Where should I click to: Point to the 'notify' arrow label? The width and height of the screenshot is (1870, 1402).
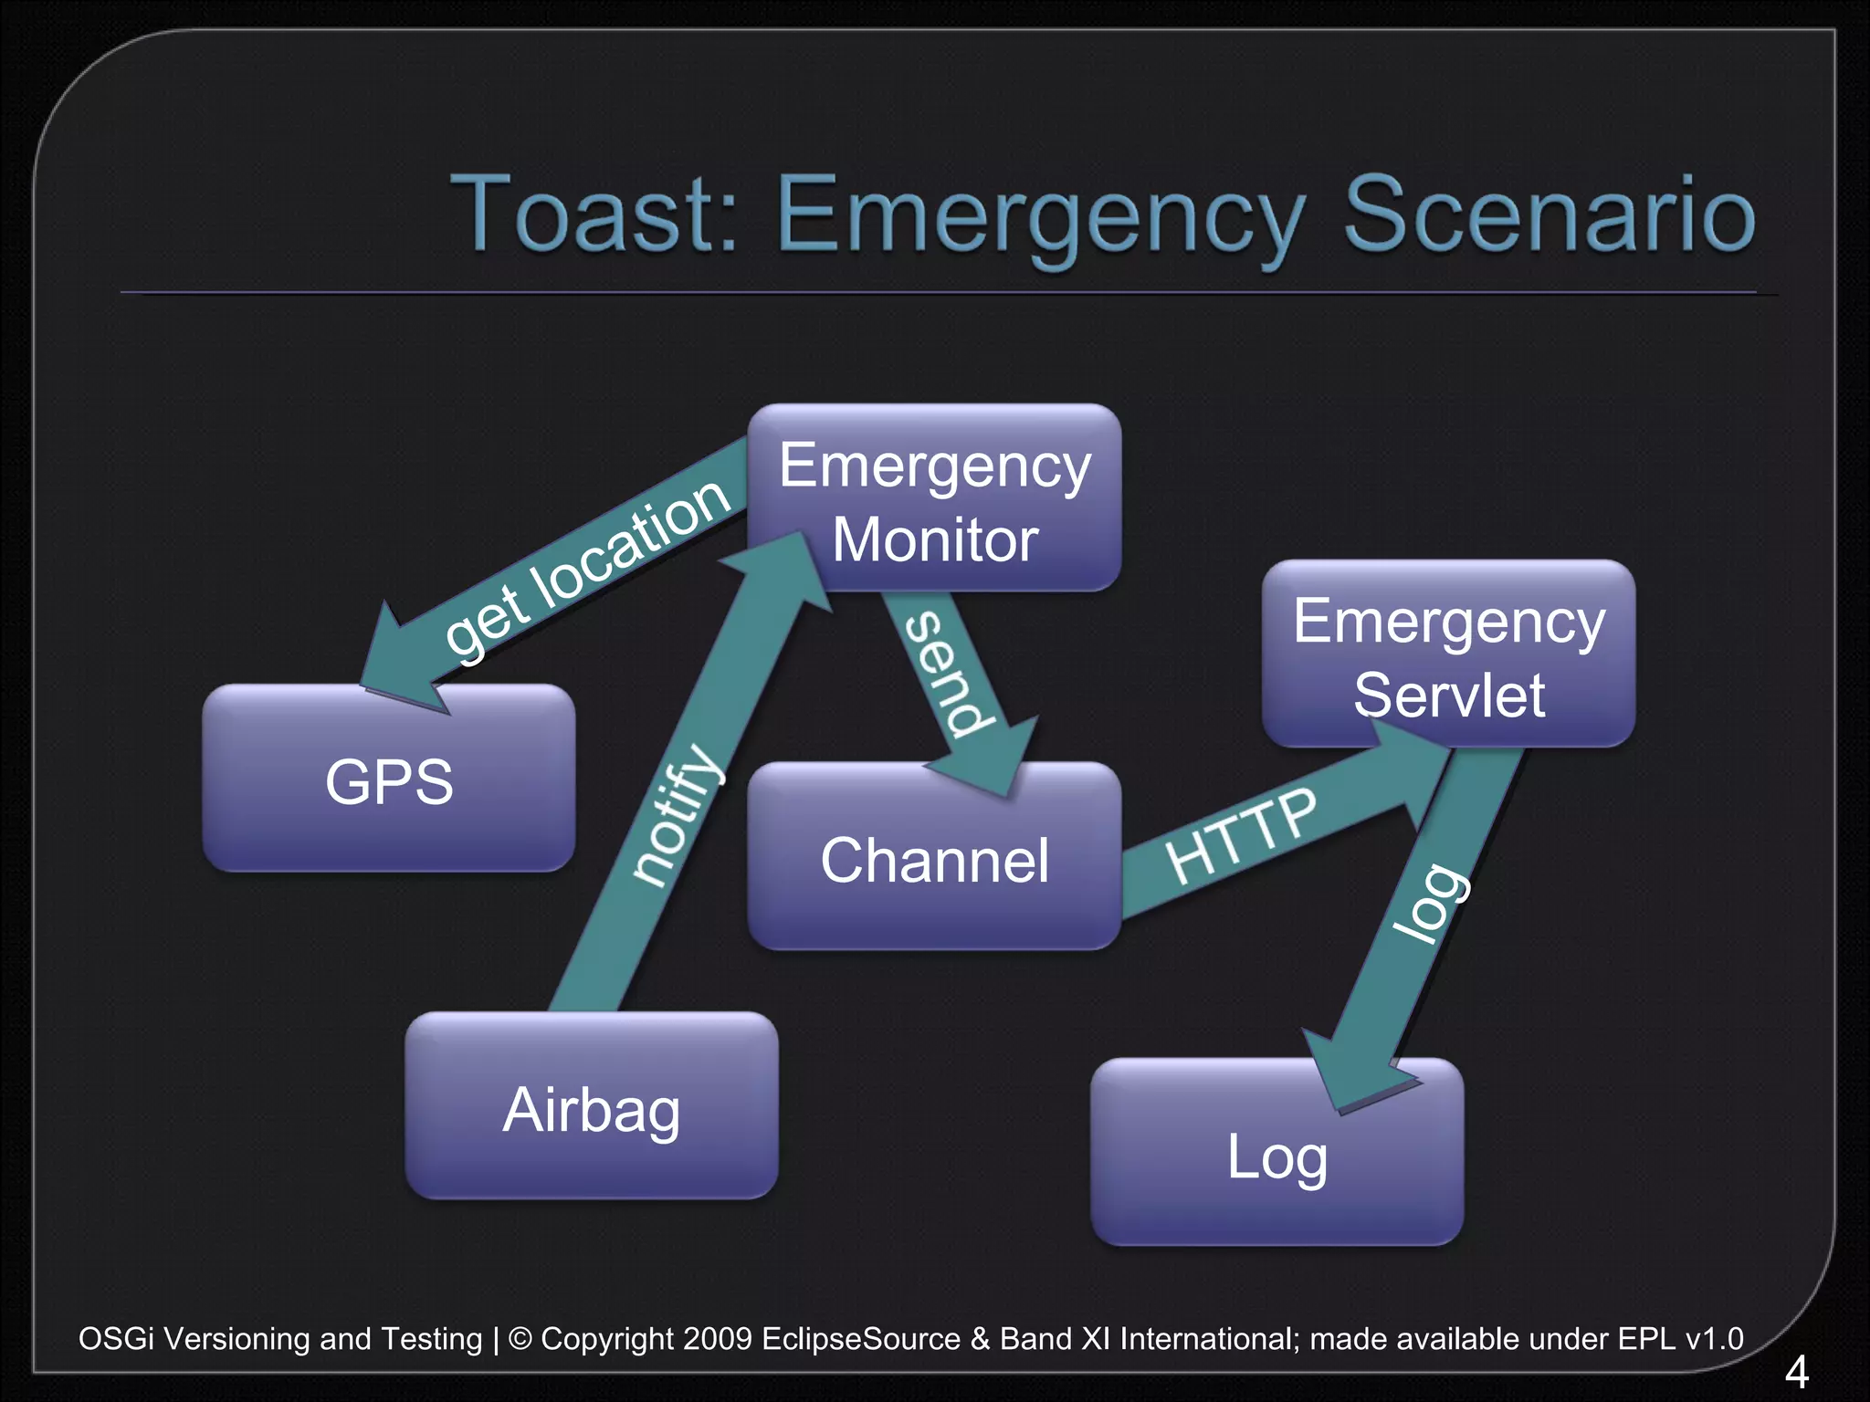pos(678,815)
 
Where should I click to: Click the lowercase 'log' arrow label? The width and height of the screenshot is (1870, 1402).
pos(1430,902)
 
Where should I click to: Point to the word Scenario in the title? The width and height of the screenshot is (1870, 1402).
pos(1550,215)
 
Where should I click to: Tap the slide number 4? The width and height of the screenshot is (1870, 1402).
pos(1796,1372)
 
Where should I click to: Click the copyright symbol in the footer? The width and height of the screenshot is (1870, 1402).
pos(520,1339)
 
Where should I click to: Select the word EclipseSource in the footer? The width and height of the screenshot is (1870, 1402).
pos(861,1339)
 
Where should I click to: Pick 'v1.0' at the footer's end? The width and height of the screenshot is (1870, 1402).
pos(1714,1339)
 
